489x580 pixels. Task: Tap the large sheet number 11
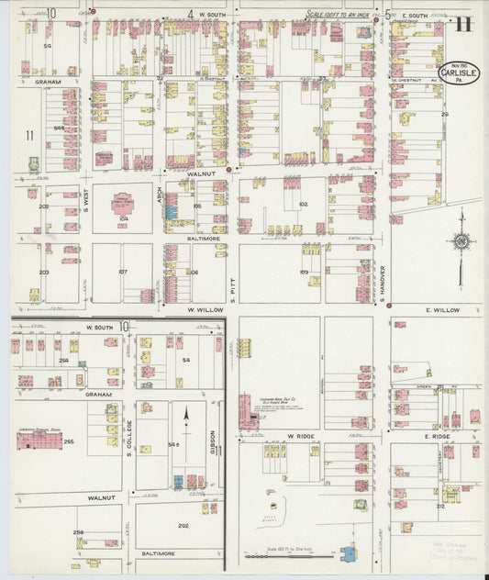(464, 24)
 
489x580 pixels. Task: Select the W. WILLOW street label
(206, 310)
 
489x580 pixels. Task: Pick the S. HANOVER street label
(382, 283)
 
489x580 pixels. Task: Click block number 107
(122, 272)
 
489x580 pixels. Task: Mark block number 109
(304, 273)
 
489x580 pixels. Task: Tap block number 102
(303, 204)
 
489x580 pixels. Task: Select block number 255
(68, 442)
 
